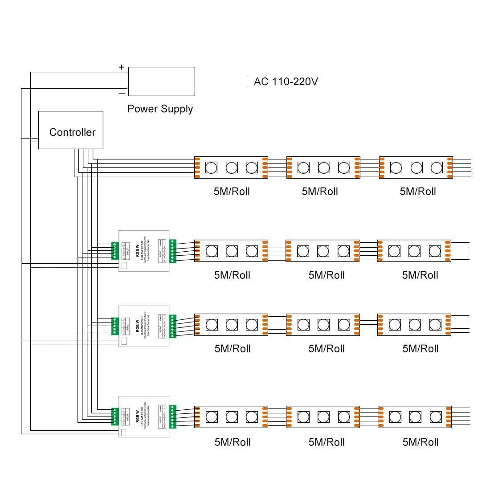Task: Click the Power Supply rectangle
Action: (x=161, y=82)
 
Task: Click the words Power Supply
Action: (x=160, y=109)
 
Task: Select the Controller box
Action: (x=71, y=130)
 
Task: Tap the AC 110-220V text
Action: (x=286, y=82)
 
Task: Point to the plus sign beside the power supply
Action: (x=122, y=67)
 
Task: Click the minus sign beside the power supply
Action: (x=122, y=94)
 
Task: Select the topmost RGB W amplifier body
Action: (x=144, y=251)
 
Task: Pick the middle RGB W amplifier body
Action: (x=144, y=327)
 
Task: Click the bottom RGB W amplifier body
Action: (x=144, y=416)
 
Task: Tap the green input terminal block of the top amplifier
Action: (x=114, y=251)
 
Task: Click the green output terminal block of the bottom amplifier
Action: (x=173, y=416)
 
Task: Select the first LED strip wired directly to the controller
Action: (x=231, y=167)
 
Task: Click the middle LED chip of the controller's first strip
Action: (x=232, y=167)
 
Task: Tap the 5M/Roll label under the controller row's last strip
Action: (x=418, y=192)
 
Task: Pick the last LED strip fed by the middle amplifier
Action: (x=414, y=324)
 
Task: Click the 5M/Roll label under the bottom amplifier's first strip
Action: (x=233, y=442)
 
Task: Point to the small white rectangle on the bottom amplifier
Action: (x=123, y=433)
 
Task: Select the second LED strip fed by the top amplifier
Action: (x=323, y=251)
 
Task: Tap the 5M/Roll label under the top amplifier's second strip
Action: (x=327, y=275)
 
